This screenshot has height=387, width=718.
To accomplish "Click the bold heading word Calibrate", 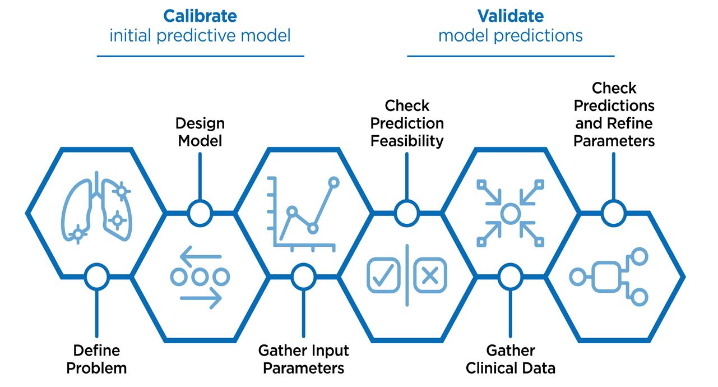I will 200,16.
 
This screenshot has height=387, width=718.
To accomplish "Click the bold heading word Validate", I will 510,16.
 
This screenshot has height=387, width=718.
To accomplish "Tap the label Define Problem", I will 96,360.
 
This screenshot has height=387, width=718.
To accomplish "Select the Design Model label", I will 200,132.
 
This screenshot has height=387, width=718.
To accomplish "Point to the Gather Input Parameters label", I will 303,360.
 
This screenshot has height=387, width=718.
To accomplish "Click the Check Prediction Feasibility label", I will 407,123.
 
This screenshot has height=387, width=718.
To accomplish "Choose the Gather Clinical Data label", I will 510,360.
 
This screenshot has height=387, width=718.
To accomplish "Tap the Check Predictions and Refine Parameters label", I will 614,114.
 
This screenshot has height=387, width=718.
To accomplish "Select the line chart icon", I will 303,213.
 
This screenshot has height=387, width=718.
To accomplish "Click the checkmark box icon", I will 383,275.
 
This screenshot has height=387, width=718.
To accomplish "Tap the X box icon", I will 430,275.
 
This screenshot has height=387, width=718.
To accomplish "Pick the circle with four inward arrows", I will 510,213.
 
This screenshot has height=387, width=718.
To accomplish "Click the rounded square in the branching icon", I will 606,277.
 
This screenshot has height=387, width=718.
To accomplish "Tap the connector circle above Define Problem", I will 96,277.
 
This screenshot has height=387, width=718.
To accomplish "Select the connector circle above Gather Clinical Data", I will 510,277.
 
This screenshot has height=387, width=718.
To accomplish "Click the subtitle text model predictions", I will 510,36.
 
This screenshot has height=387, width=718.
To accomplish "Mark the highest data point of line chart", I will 334,182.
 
